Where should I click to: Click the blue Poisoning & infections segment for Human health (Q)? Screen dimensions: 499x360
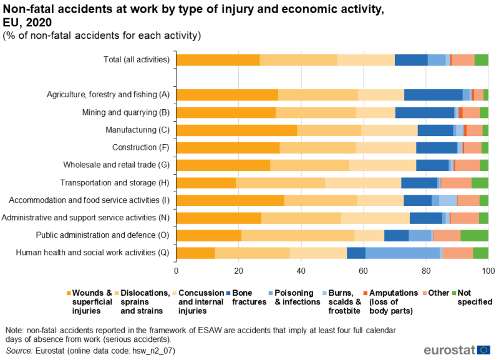pyautogui.click(x=402, y=253)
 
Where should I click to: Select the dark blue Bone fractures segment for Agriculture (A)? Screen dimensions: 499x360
pyautogui.click(x=434, y=95)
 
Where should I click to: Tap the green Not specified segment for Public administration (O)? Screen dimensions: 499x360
pyautogui.click(x=474, y=235)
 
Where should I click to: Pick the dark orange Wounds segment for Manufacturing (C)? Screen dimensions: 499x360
pyautogui.click(x=237, y=130)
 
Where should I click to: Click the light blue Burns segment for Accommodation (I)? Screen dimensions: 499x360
pyautogui.click(x=448, y=200)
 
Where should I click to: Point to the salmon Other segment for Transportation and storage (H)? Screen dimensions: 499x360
pyautogui.click(x=456, y=183)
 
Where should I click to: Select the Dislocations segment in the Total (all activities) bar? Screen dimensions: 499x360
pyautogui.click(x=298, y=60)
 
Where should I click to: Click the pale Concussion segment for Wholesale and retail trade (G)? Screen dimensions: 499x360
pyautogui.click(x=382, y=165)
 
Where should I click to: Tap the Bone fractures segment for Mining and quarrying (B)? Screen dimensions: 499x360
pyautogui.click(x=425, y=112)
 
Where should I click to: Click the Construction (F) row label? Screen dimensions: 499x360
pyautogui.click(x=141, y=147)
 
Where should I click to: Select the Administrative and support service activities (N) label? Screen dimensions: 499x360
pyautogui.click(x=85, y=218)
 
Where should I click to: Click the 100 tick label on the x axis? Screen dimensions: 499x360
pyautogui.click(x=488, y=271)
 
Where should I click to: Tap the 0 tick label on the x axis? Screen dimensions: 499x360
pyautogui.click(x=176, y=271)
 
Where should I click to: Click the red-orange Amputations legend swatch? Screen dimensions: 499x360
pyautogui.click(x=366, y=293)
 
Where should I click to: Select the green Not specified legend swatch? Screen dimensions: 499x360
pyautogui.click(x=454, y=293)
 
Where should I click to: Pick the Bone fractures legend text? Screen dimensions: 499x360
pyautogui.click(x=249, y=297)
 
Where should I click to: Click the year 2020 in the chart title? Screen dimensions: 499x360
pyautogui.click(x=39, y=22)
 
